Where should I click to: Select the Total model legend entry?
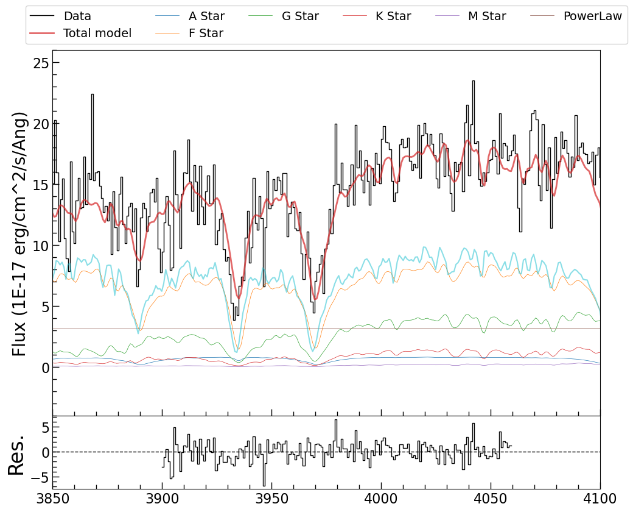[x=97, y=34]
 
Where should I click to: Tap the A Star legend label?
[x=206, y=16]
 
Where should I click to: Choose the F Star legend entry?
[x=206, y=34]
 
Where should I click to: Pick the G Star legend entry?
[x=300, y=16]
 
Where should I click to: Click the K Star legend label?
[x=393, y=16]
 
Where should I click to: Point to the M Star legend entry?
[x=487, y=16]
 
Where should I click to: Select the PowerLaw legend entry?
[x=592, y=16]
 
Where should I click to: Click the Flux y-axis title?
[x=20, y=233]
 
